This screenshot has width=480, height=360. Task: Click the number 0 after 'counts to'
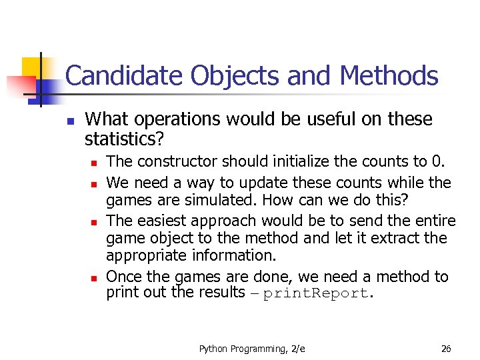pos(437,161)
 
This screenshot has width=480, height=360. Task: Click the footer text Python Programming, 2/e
pos(253,349)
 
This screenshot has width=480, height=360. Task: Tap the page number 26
pos(446,349)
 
